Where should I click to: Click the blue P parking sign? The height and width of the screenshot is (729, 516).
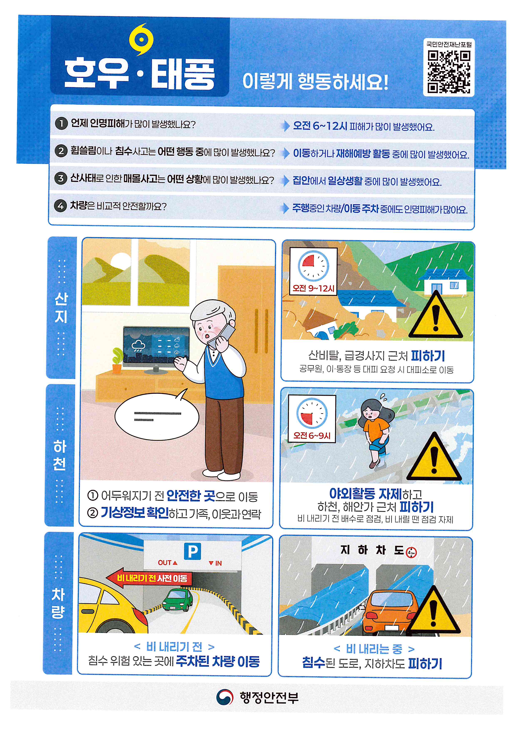192,551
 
